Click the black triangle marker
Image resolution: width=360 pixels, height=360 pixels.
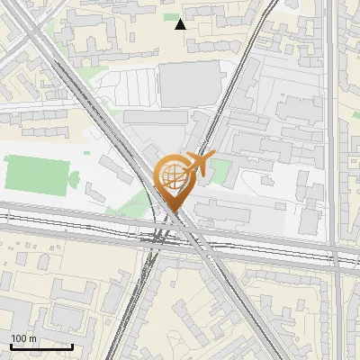pyautogui.click(x=180, y=24)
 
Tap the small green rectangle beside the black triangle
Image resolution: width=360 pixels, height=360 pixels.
pyautogui.click(x=171, y=16)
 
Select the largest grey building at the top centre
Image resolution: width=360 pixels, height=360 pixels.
pyautogui.click(x=189, y=84)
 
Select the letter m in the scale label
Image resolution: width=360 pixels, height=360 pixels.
pyautogui.click(x=32, y=337)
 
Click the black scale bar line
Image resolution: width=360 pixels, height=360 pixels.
pyautogui.click(x=41, y=346)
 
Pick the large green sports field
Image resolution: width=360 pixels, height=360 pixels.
pyautogui.click(x=35, y=173)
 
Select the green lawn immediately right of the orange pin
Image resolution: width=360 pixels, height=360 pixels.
pyautogui.click(x=220, y=172)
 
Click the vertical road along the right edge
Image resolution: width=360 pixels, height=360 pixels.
pyautogui.click(x=332, y=135)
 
